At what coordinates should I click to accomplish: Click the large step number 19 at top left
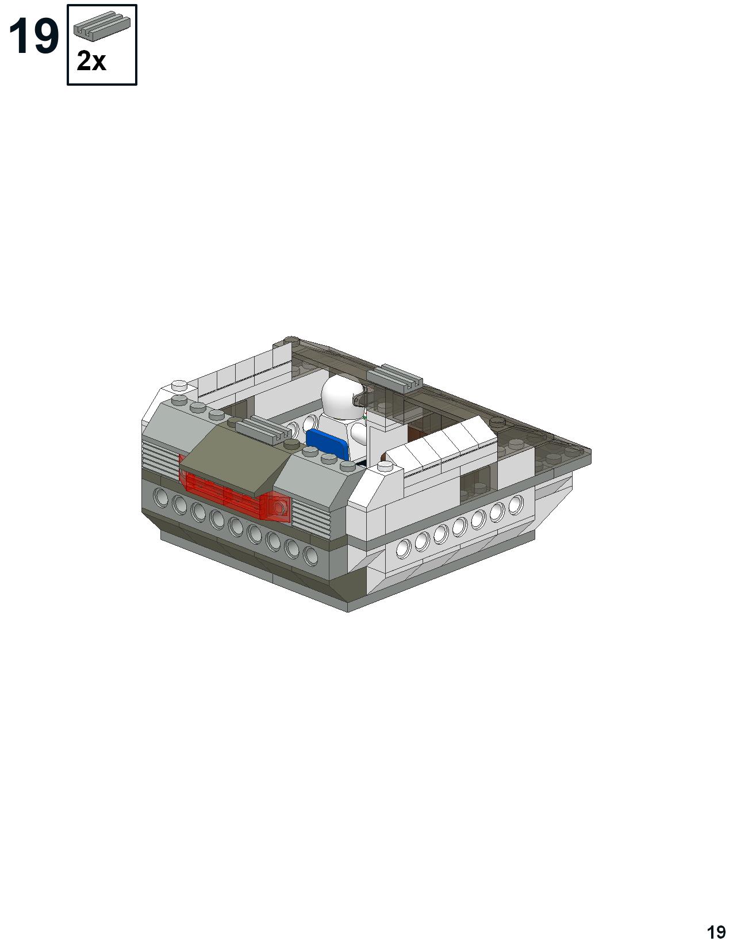click(33, 37)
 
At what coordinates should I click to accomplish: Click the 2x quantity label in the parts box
click(91, 61)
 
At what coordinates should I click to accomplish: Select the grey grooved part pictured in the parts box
click(102, 26)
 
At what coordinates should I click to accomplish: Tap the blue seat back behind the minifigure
click(328, 443)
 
